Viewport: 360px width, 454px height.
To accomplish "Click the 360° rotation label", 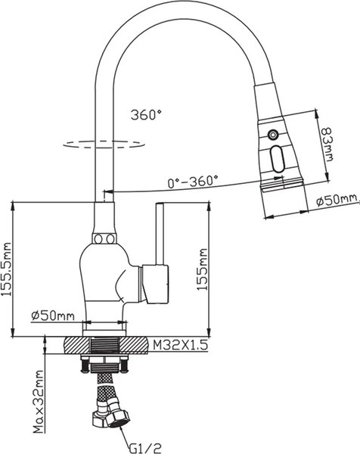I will tap(146, 116).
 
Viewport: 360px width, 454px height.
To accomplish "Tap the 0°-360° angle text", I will tap(192, 181).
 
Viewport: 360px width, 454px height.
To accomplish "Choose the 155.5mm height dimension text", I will tap(8, 272).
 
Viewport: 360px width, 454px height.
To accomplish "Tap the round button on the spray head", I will tap(272, 135).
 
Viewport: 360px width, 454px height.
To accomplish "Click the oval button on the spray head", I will tap(276, 159).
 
